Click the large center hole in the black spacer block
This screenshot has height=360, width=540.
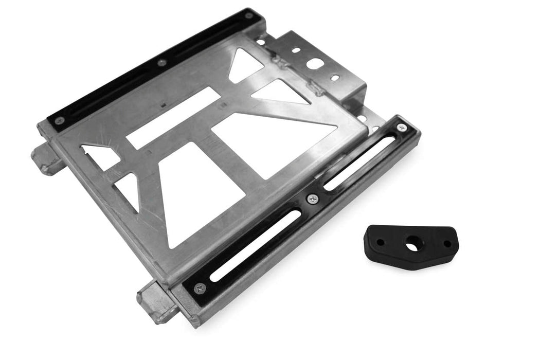click(412, 246)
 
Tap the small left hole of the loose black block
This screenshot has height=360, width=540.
click(380, 242)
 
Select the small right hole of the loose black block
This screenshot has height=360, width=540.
click(447, 243)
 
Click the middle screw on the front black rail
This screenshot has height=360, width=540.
click(312, 199)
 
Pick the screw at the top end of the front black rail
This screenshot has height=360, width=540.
click(401, 127)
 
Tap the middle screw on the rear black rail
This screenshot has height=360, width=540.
click(161, 63)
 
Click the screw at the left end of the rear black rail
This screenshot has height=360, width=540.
click(60, 120)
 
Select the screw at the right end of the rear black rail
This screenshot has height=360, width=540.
click(248, 15)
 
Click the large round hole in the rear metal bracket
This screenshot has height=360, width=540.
click(315, 64)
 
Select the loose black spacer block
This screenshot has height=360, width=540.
click(411, 247)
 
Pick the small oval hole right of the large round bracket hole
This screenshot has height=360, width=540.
click(335, 78)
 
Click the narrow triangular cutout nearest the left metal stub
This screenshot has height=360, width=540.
click(100, 154)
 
